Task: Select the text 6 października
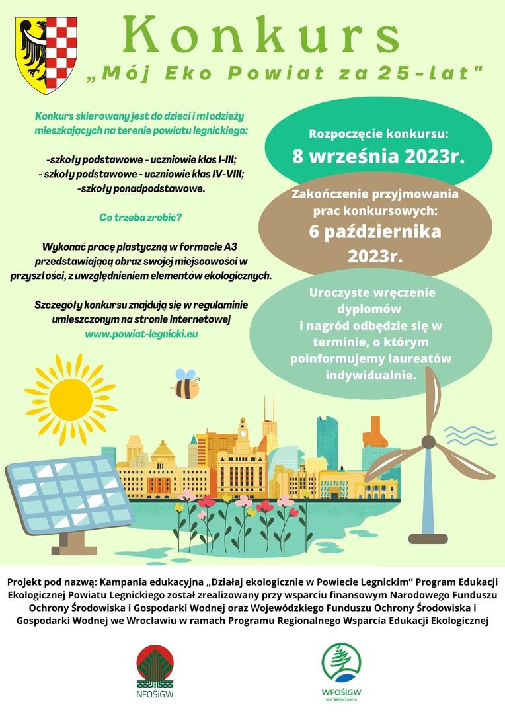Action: tap(375, 232)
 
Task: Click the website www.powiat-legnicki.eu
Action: tap(141, 334)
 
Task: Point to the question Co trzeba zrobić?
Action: tap(141, 218)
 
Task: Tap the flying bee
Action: tap(186, 384)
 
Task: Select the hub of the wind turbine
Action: tap(429, 442)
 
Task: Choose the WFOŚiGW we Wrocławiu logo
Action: tap(342, 669)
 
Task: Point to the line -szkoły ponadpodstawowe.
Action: tap(141, 188)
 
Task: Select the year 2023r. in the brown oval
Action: tap(375, 255)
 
